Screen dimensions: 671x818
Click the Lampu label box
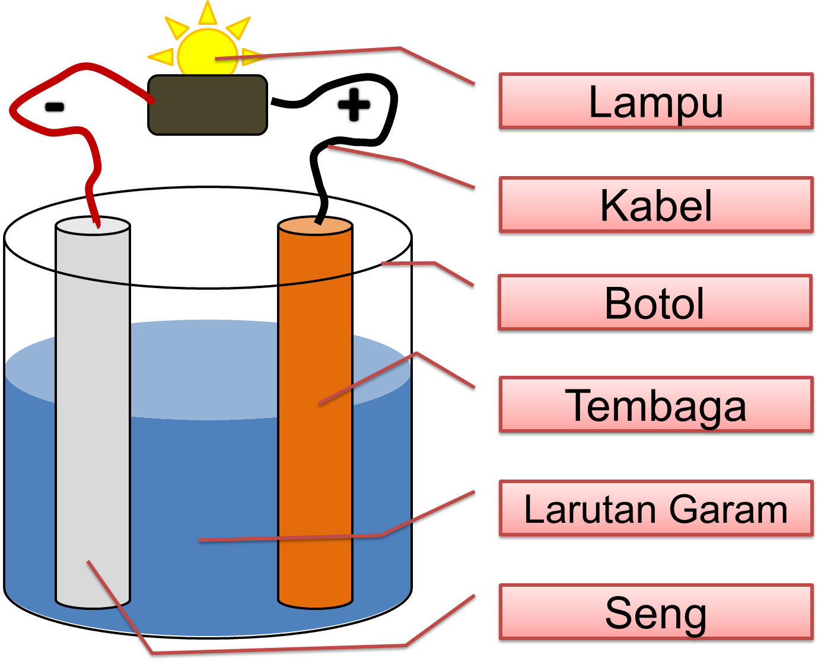tap(655, 102)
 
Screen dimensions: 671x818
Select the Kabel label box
tap(655, 206)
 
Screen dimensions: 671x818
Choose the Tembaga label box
tap(655, 406)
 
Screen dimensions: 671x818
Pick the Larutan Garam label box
tap(655, 510)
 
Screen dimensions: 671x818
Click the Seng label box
tap(655, 613)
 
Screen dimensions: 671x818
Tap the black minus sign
tap(55, 107)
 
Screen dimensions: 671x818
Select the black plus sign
tap(354, 105)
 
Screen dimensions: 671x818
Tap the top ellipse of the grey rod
tap(93, 227)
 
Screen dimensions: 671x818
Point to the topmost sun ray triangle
tap(207, 13)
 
